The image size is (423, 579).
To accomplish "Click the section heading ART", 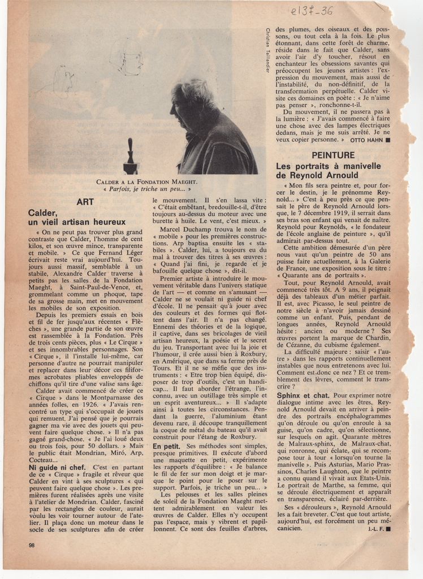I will pos(85,201).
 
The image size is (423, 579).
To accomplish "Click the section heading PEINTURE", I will pos(333,155).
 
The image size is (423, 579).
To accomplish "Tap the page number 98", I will pos(32,545).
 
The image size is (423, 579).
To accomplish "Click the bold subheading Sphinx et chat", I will pos(303,395).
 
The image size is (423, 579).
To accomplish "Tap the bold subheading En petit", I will pos(166,447).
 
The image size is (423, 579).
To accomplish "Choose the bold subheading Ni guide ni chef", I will pos(57,468).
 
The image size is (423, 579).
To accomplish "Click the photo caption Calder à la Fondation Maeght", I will pos(147,182).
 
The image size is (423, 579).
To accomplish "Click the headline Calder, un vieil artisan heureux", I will pos(77,218).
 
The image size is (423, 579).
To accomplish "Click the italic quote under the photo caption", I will pos(147,189).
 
